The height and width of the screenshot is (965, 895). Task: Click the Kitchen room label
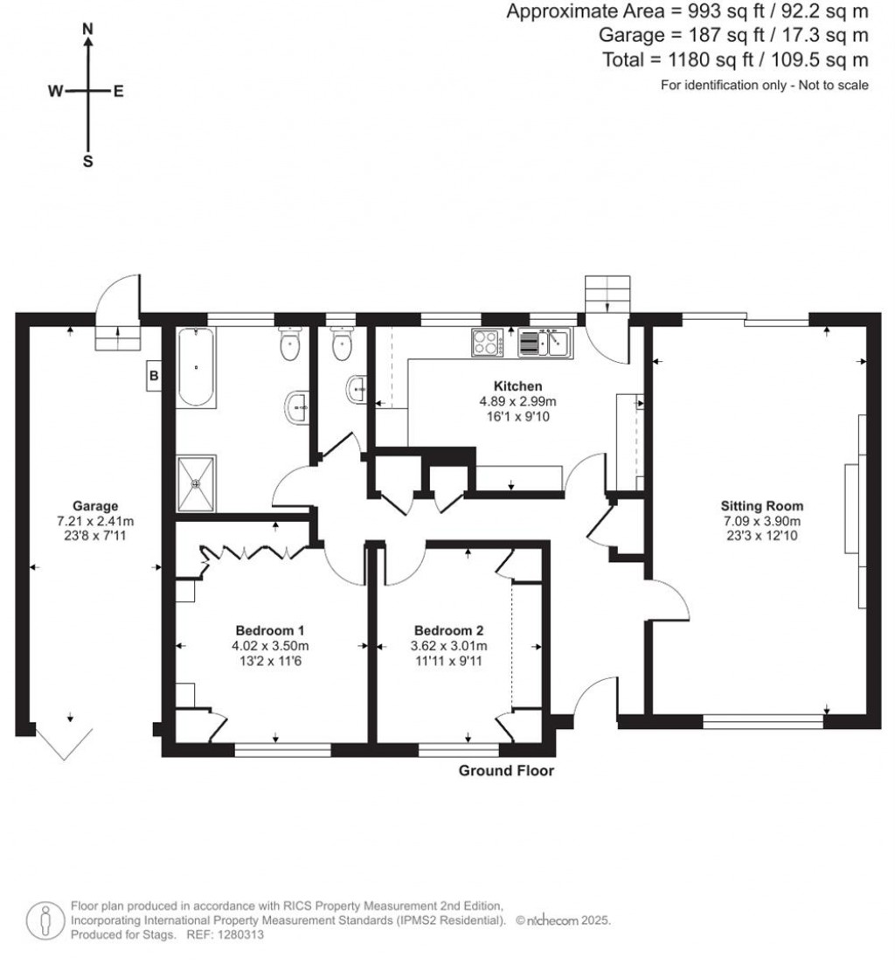pyautogui.click(x=518, y=385)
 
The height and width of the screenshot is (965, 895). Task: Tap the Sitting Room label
pyautogui.click(x=761, y=505)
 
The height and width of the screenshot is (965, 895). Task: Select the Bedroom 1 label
pyautogui.click(x=270, y=630)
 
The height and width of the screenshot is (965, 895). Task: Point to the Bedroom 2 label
pyautogui.click(x=448, y=630)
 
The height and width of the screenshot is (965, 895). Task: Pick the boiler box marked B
pyautogui.click(x=155, y=376)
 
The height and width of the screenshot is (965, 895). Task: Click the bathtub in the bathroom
pyautogui.click(x=196, y=367)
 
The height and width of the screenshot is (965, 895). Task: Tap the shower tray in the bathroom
pyautogui.click(x=197, y=482)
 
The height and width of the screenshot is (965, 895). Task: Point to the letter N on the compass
pyautogui.click(x=87, y=29)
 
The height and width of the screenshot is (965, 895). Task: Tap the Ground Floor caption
pyautogui.click(x=506, y=771)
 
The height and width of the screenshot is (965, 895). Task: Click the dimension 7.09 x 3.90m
pyautogui.click(x=761, y=521)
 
